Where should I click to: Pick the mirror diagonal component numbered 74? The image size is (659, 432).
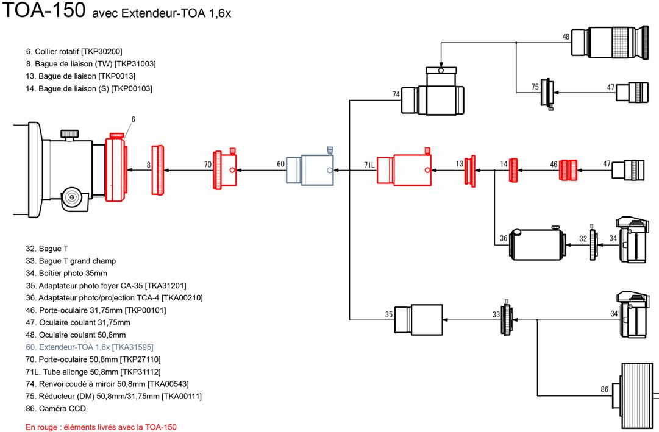point(433,92)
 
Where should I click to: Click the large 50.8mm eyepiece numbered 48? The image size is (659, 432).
point(610,42)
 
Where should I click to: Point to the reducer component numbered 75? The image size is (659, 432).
point(547,93)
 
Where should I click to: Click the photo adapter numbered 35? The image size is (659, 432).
point(419,320)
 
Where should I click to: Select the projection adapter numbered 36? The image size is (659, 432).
point(538,243)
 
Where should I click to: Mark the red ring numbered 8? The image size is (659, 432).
point(158,170)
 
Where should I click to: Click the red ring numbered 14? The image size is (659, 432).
point(513,170)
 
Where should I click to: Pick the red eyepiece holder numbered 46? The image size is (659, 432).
point(568,170)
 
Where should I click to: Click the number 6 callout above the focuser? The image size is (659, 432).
point(134,119)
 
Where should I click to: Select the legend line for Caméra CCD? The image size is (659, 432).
point(56,408)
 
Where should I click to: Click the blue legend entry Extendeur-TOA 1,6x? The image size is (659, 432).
point(90,347)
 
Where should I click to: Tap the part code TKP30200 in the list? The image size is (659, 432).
point(102,51)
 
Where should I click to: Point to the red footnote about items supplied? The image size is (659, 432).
point(101,427)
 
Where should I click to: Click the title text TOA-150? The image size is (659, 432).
point(44,10)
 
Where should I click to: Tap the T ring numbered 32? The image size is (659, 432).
point(593,243)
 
